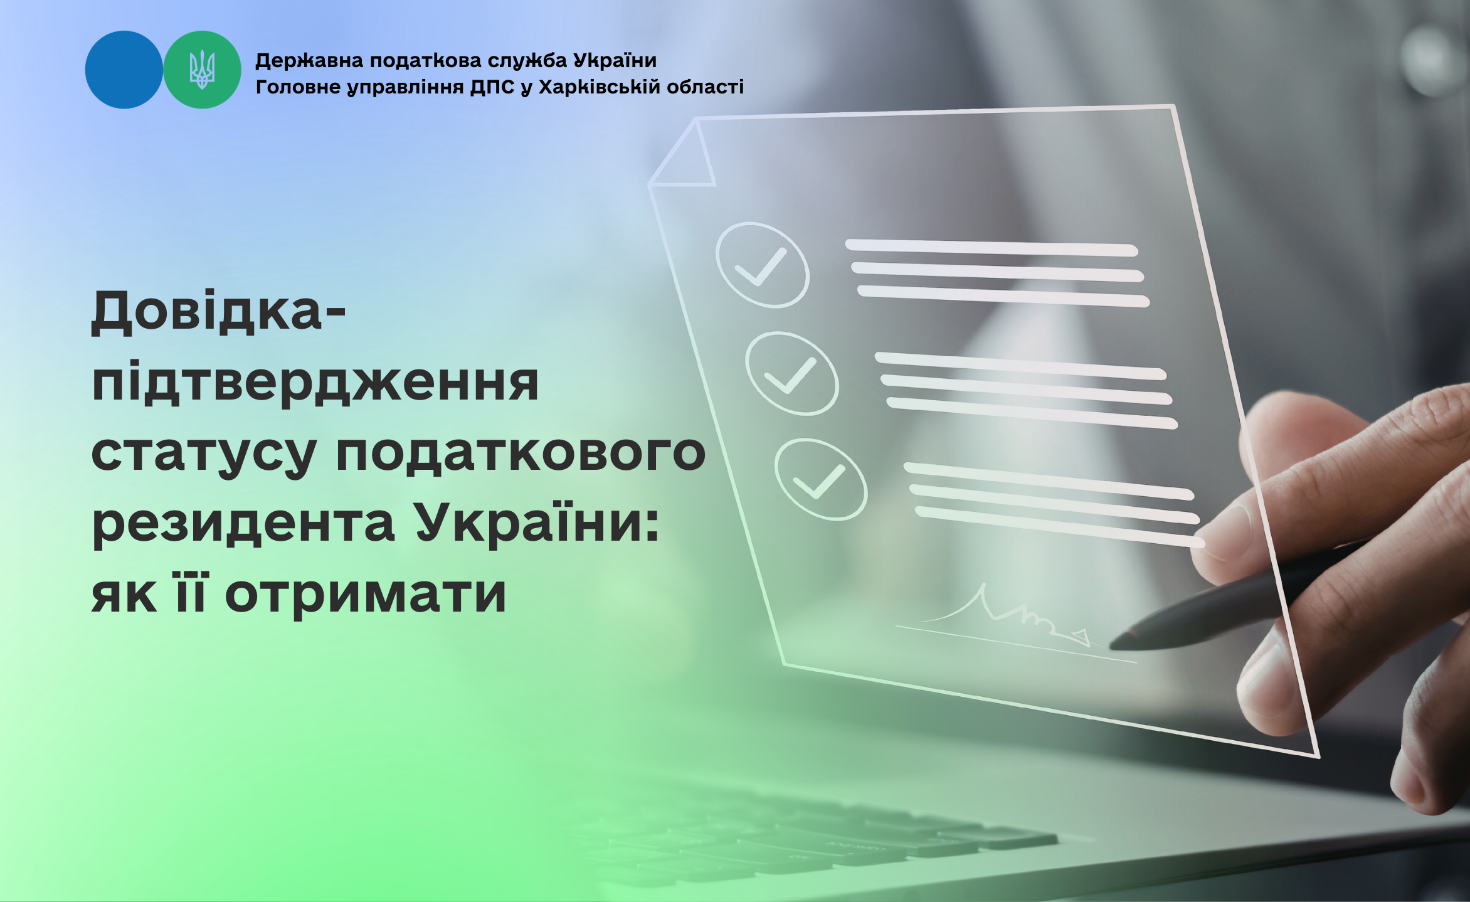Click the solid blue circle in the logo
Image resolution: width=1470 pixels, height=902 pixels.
124,70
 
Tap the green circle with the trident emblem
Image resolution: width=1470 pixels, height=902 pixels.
202,70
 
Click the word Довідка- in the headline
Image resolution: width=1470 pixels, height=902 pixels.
218,312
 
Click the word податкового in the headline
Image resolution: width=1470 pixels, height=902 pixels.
521,453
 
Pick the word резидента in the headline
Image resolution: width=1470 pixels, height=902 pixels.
243,524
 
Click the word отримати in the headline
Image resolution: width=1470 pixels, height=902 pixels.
366,595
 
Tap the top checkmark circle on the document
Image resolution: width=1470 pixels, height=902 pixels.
763,265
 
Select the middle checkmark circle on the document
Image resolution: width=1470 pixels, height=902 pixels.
792,373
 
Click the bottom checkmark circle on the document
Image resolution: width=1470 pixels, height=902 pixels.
821,479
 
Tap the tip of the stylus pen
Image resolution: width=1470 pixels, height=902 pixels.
1111,644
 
